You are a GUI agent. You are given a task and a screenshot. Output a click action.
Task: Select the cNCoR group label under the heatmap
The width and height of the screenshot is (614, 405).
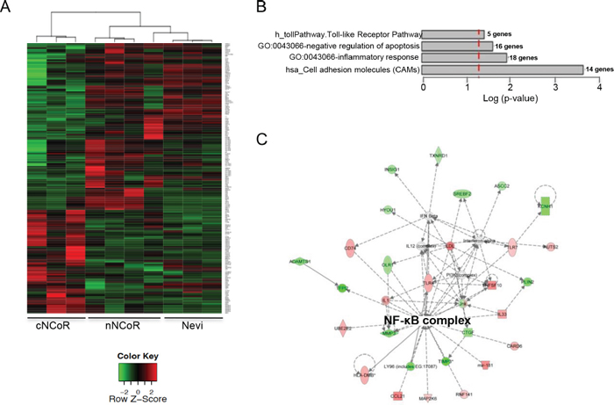[x=50, y=326]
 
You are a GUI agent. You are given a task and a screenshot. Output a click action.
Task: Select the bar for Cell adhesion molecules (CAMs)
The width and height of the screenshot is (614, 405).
[x=503, y=69]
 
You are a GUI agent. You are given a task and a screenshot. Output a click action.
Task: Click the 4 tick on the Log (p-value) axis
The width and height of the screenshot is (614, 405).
[x=599, y=89]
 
